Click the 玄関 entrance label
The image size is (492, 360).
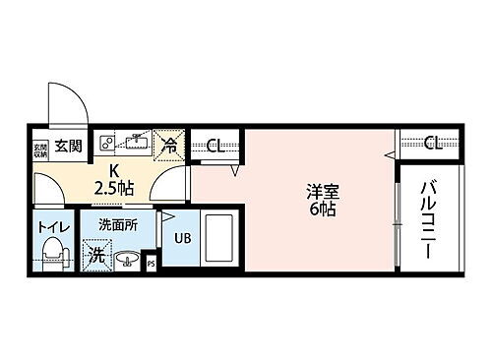point(68,147)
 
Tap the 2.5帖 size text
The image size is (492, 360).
point(114,187)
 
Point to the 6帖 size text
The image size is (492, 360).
point(318,210)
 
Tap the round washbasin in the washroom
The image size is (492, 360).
point(127,261)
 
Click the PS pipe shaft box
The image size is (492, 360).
point(151,264)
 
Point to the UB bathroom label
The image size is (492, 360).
point(182,237)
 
